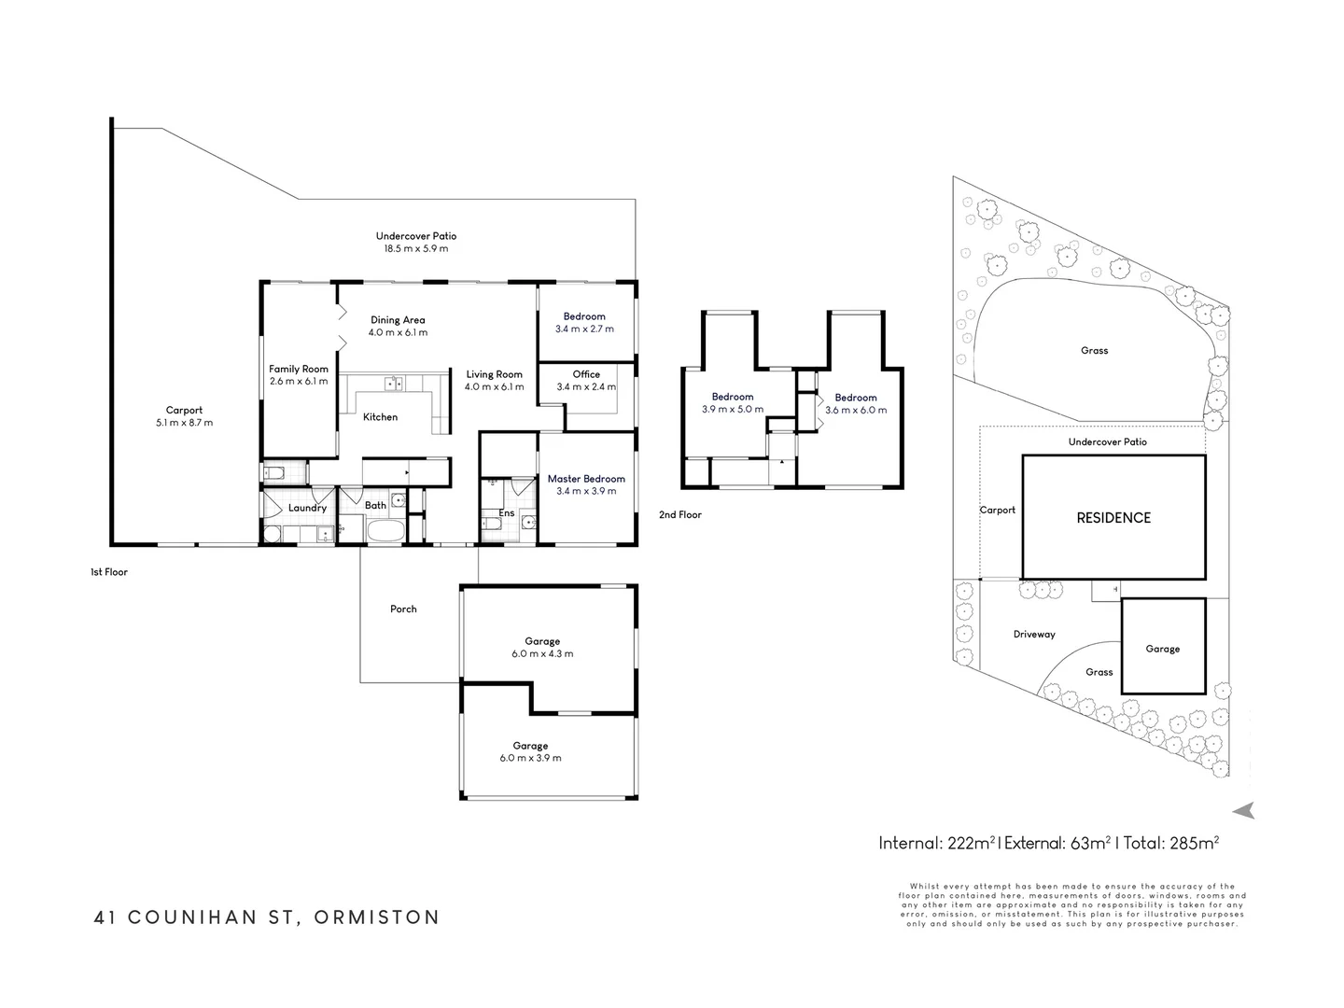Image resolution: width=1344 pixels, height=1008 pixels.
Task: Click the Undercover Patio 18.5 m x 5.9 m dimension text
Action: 415,248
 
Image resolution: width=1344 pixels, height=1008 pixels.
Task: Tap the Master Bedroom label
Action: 586,479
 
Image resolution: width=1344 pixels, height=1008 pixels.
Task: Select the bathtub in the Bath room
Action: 385,530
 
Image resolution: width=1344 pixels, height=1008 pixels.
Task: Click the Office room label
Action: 586,374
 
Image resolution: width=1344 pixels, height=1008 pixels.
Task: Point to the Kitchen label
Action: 380,417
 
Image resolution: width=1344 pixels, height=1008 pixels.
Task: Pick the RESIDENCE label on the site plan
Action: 1113,518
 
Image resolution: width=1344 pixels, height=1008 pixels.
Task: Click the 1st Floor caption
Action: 109,571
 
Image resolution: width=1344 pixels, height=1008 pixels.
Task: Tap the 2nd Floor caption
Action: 680,514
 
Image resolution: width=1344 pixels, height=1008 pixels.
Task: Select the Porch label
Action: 403,609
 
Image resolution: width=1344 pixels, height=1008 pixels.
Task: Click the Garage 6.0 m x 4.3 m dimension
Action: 542,653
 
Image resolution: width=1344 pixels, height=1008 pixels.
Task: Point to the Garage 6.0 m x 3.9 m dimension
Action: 530,758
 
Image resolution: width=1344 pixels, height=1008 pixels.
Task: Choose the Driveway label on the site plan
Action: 1034,635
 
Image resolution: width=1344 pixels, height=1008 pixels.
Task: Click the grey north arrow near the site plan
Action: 1243,810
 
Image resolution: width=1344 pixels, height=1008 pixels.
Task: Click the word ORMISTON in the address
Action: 376,917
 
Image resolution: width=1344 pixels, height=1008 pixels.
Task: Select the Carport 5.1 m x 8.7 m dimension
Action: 184,422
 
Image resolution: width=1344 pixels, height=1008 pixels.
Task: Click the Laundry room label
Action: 307,508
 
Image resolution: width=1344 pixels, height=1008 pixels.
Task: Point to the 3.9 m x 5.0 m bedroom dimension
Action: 733,410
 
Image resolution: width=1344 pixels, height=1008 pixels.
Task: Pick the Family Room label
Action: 298,369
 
